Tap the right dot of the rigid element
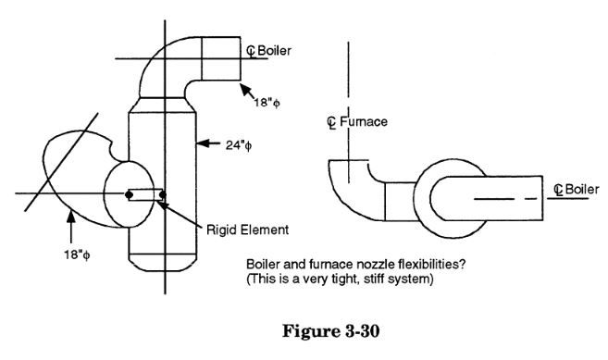click(x=162, y=194)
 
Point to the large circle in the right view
click(x=458, y=196)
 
